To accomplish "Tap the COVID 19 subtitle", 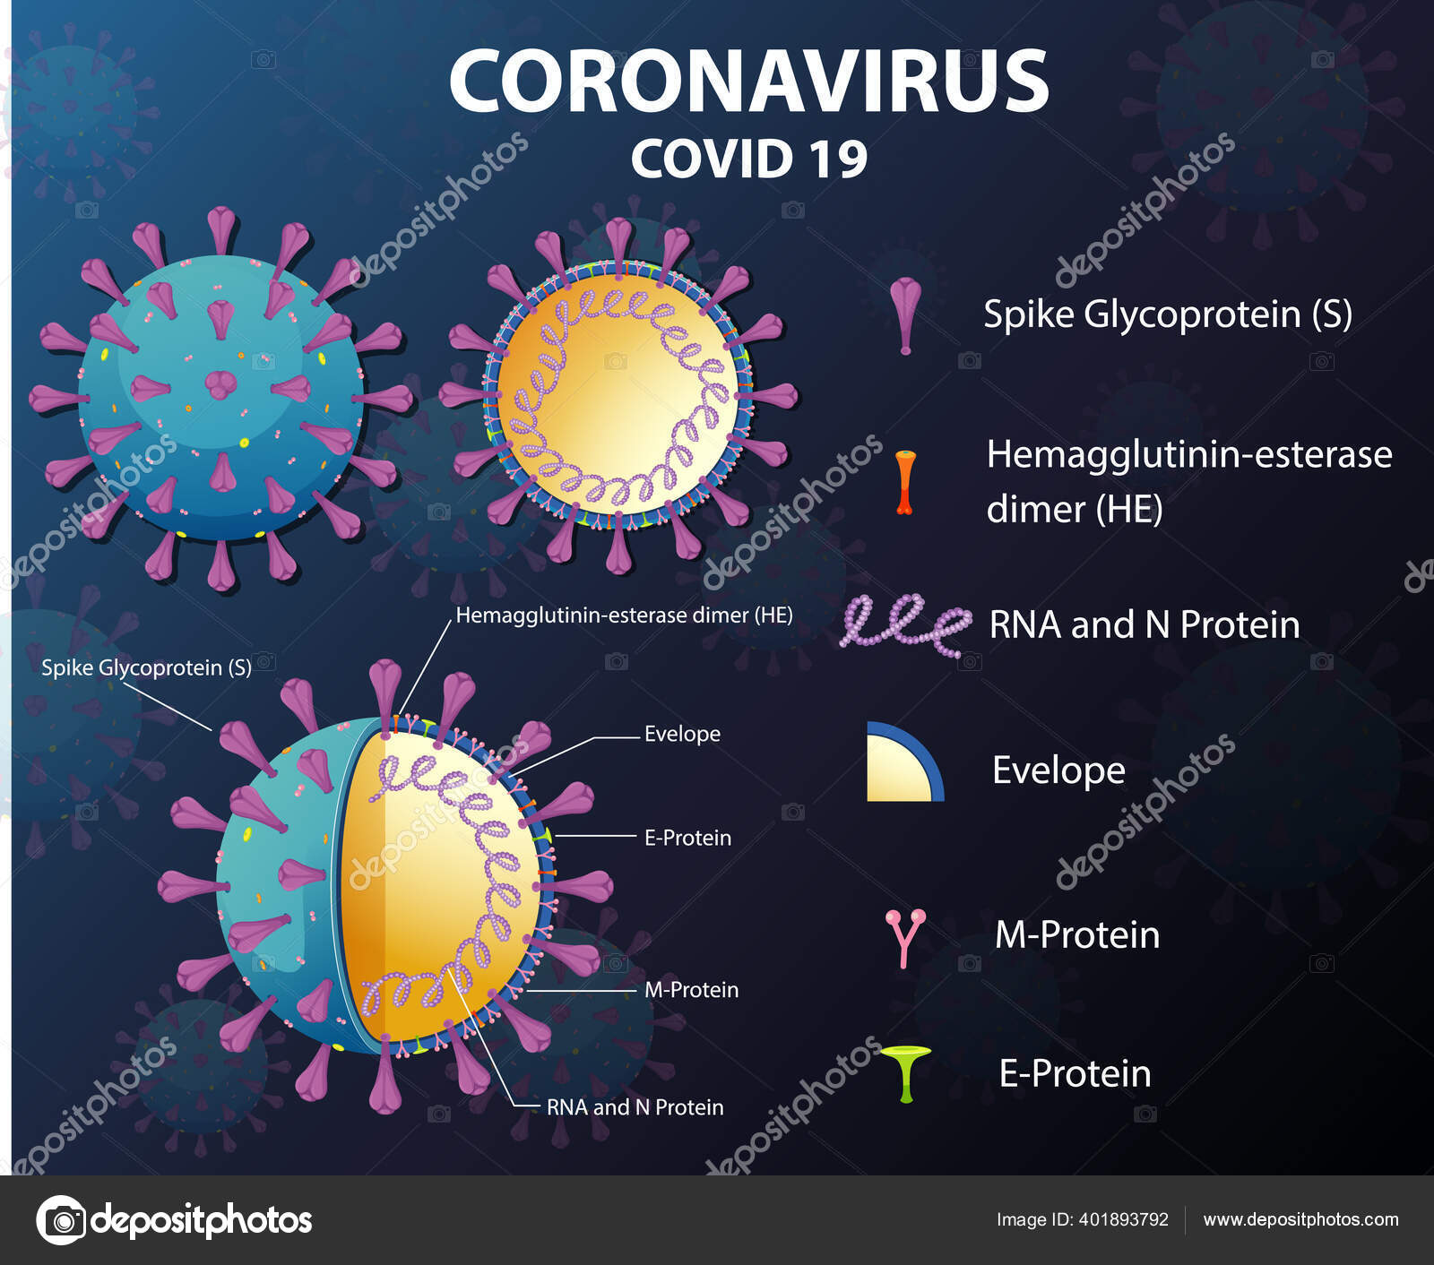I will click(749, 159).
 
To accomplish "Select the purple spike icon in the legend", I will click(905, 314).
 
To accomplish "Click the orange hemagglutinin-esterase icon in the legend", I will click(905, 482).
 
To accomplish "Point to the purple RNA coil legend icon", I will click(905, 622).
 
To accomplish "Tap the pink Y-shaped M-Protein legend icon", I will click(905, 937).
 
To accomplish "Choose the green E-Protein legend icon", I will click(905, 1072).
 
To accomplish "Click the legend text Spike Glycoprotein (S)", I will click(1167, 314).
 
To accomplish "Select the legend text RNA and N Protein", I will click(1144, 624).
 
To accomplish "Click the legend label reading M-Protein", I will click(1077, 935).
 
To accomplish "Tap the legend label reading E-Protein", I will click(1075, 1073).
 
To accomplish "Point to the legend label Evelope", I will click(1058, 770).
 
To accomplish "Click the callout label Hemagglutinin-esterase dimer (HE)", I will click(624, 615).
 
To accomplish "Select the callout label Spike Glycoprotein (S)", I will click(146, 667).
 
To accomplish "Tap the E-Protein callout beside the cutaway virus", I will click(687, 838).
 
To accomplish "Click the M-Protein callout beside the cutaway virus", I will click(691, 990).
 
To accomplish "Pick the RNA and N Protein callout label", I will click(635, 1107).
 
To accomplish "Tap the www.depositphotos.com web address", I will click(1300, 1219).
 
